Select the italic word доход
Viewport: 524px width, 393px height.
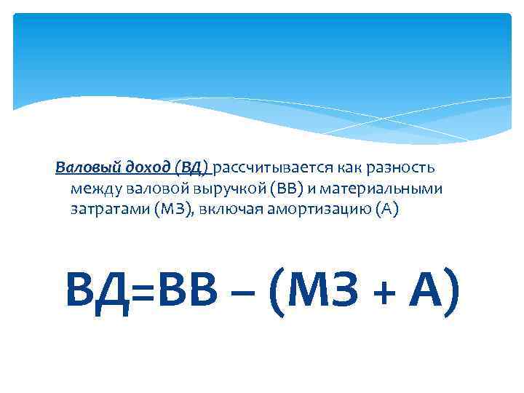130,168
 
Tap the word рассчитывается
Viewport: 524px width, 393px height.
271,168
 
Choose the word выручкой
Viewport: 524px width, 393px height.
228,189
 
